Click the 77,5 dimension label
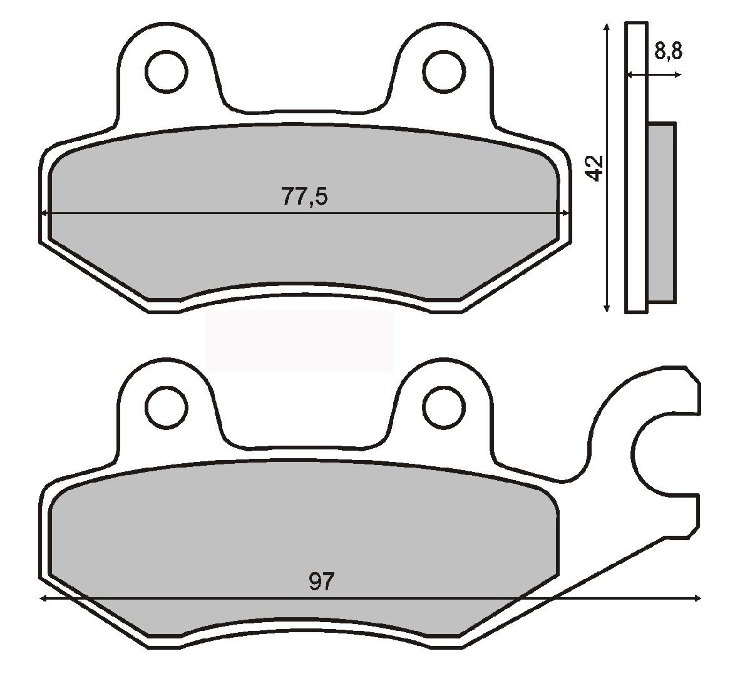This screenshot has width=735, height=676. click(x=304, y=197)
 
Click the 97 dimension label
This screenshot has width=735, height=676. click(x=322, y=581)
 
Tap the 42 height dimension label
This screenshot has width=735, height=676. click(x=595, y=167)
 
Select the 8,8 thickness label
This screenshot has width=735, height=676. click(x=668, y=51)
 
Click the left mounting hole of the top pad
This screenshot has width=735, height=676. click(x=167, y=71)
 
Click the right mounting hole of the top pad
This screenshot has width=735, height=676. click(x=444, y=71)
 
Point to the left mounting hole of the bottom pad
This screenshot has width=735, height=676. click(x=167, y=407)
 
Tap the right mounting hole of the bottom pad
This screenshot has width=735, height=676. click(x=444, y=407)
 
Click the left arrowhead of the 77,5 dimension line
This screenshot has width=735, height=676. click(x=45, y=213)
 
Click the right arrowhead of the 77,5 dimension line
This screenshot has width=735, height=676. click(x=566, y=213)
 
